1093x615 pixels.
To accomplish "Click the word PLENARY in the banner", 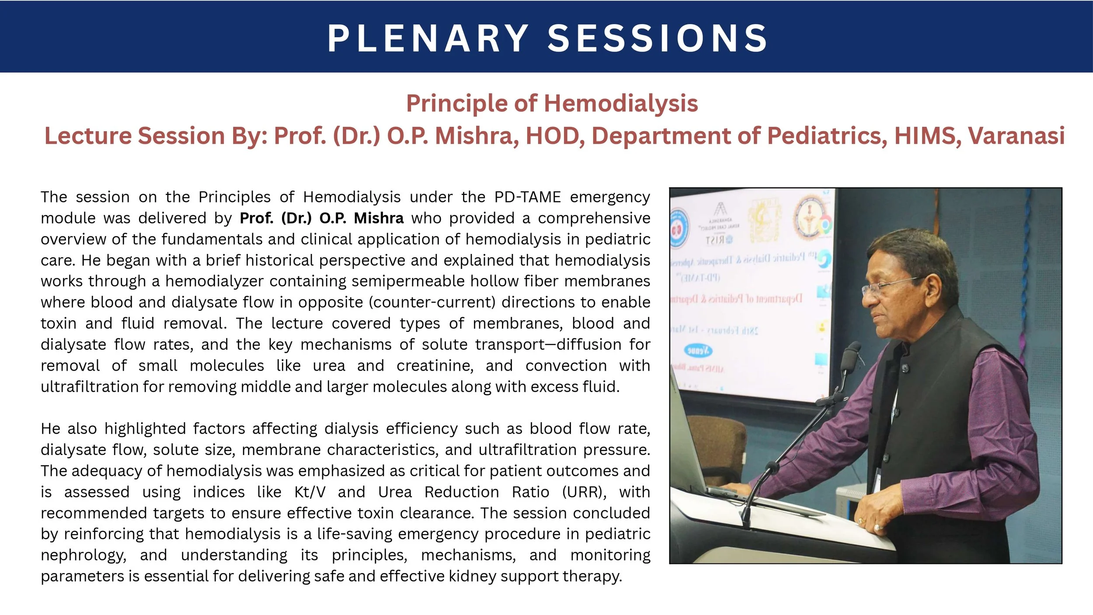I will click(428, 38).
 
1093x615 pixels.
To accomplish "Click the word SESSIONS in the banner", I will click(658, 38).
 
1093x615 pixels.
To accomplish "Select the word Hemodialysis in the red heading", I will click(621, 104).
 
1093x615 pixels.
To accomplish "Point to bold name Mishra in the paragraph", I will click(379, 218).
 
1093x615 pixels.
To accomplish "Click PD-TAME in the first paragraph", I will click(527, 197).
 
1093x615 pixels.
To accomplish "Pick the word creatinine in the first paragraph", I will click(435, 366).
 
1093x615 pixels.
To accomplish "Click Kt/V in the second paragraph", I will click(310, 492).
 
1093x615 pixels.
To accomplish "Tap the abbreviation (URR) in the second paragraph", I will click(584, 492).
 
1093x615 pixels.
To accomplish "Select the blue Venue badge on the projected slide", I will click(698, 351).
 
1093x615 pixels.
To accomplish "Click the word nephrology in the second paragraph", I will click(83, 555).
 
